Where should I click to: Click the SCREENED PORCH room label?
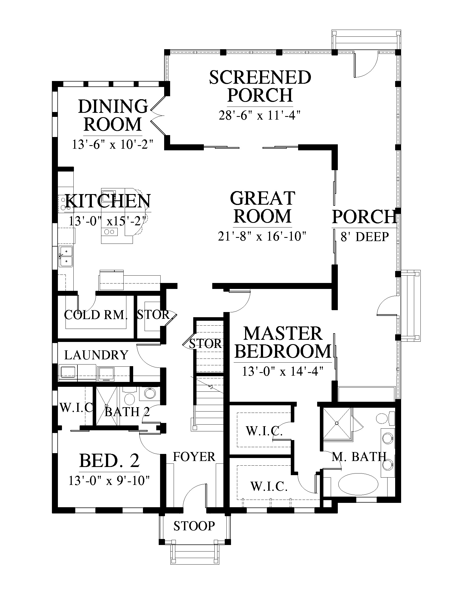coord(260,86)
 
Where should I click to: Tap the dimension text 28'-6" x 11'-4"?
coord(260,115)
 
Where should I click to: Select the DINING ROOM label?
coord(113,115)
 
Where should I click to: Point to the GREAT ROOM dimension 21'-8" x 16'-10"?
coord(262,236)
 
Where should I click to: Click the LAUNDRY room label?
coord(96,355)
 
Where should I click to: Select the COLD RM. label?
coord(96,315)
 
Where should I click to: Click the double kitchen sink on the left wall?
coord(66,256)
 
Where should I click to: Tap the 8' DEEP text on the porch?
coord(364,236)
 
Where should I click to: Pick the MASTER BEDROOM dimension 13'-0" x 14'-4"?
coord(283,372)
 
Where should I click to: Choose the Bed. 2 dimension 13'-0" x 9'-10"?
coord(109,481)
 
